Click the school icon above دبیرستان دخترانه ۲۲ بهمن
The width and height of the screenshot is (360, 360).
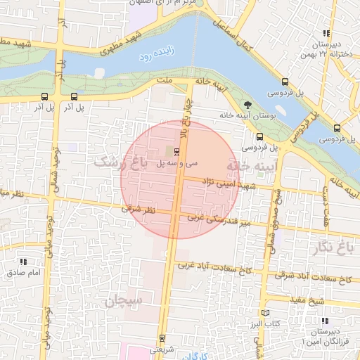click(326, 33)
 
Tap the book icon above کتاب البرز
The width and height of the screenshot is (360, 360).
click(265, 312)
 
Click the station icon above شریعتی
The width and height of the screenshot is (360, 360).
click(163, 338)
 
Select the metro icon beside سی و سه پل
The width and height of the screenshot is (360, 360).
click(176, 151)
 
